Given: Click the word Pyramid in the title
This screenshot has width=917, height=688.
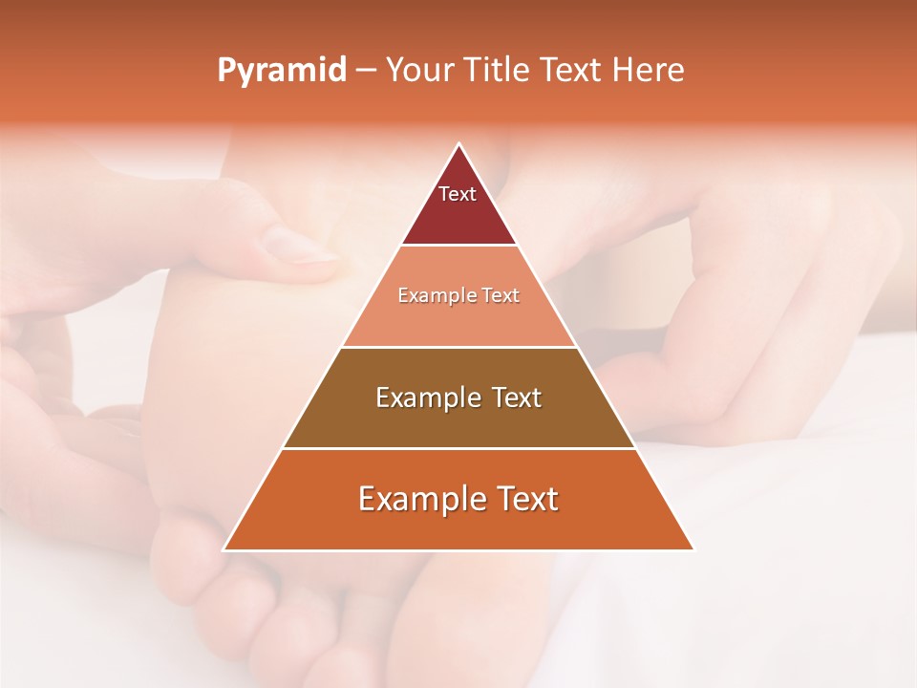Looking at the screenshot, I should (281, 71).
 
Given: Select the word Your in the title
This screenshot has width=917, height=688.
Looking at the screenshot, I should (421, 71).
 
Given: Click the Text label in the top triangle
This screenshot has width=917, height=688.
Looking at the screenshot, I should (458, 194).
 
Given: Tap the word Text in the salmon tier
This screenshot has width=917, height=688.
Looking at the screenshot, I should (500, 296).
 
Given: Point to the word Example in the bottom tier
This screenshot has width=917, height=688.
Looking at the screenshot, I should (418, 499).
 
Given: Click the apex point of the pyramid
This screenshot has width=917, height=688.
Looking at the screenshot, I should (458, 144).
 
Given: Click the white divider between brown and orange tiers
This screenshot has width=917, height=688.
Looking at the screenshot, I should (458, 448).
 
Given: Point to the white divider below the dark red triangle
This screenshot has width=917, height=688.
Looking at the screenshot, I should (458, 246).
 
